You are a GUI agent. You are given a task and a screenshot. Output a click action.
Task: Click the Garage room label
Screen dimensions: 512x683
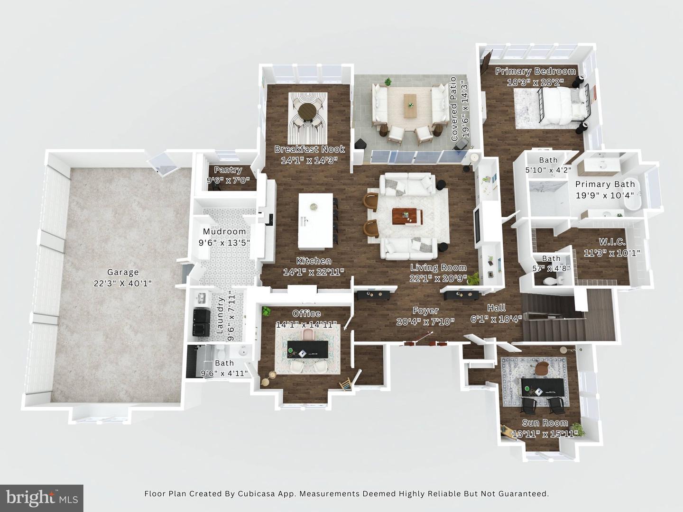coord(123,272)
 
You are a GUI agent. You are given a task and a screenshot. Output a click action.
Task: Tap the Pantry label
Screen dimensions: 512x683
coord(228,170)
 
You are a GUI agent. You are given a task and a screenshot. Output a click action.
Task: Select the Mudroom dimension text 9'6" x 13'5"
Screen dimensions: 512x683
coord(224,243)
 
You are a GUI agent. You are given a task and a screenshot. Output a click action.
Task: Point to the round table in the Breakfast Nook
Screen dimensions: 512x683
coord(307,112)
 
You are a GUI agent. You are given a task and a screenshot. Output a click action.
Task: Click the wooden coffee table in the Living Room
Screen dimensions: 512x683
coord(407,217)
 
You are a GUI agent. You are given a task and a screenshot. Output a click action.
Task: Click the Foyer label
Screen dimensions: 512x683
coord(425,311)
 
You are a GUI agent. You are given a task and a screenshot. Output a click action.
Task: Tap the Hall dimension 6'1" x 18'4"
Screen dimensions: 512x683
coord(496,319)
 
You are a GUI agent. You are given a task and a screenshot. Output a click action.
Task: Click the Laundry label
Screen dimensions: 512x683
coord(221,316)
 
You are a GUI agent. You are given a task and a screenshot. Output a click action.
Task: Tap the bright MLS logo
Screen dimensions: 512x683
coord(42,498)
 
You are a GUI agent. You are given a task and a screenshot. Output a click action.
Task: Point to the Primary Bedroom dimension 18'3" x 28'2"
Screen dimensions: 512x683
coord(535,82)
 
